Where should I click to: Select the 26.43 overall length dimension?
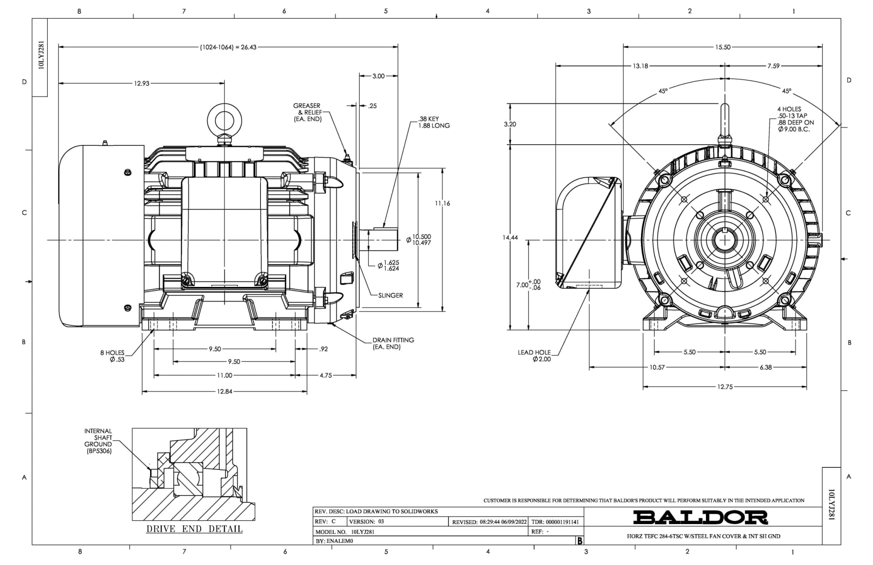pos(228,47)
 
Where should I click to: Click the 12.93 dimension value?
pos(142,84)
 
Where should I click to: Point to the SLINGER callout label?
pos(390,295)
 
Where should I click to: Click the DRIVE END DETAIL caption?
pos(194,529)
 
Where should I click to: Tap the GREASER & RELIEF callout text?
pos(307,112)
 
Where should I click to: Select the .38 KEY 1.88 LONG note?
pos(434,122)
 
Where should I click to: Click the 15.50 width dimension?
pos(723,47)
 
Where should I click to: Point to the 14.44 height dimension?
pos(510,238)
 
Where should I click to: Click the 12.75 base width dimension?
pos(725,387)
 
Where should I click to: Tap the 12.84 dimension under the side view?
pos(224,391)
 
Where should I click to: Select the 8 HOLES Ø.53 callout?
pos(113,356)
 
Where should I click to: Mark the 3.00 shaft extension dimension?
pos(379,76)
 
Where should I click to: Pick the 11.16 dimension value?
pos(442,203)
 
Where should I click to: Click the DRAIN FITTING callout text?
pos(393,343)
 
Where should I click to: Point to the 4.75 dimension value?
pos(326,376)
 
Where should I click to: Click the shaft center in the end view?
pos(725,240)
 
